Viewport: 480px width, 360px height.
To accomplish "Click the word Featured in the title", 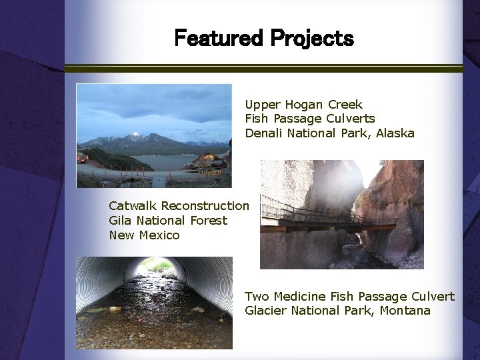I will pyautogui.click(x=219, y=39).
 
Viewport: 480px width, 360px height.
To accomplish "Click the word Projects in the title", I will pyautogui.click(x=312, y=39).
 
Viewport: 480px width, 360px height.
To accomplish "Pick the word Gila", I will pyautogui.click(x=120, y=221).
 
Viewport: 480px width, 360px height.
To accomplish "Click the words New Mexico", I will pyautogui.click(x=144, y=235).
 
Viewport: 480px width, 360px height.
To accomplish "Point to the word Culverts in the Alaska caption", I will pyautogui.click(x=351, y=119).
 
